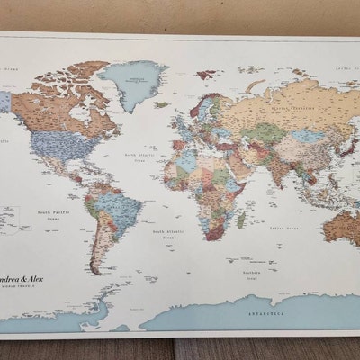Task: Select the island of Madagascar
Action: coord(240,219)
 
